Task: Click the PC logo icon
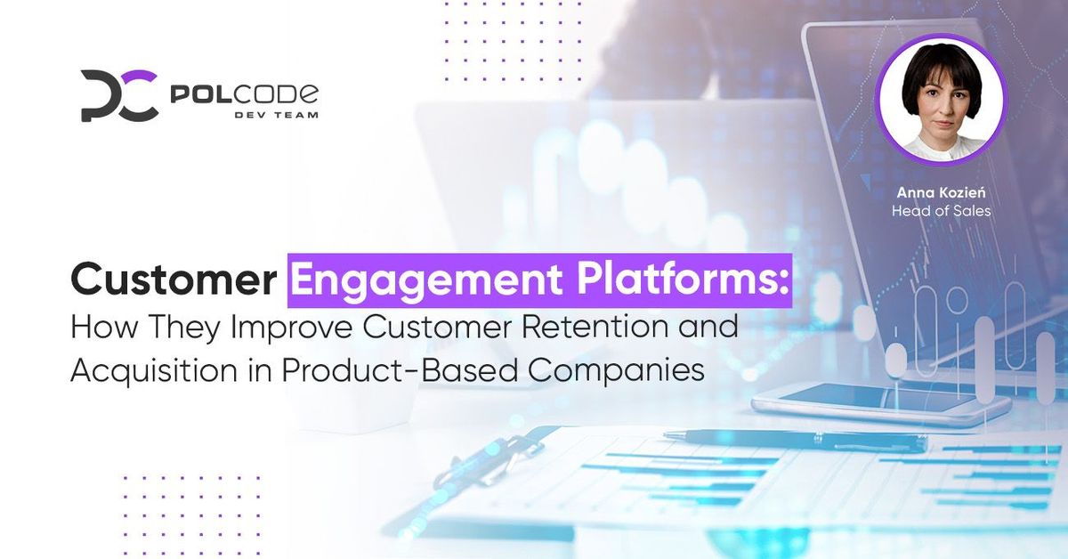tap(119, 95)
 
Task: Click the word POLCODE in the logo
tap(242, 93)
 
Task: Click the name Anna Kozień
tap(940, 192)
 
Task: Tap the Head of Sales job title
tap(940, 211)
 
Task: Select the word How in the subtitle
tap(99, 327)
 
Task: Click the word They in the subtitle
tap(174, 327)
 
